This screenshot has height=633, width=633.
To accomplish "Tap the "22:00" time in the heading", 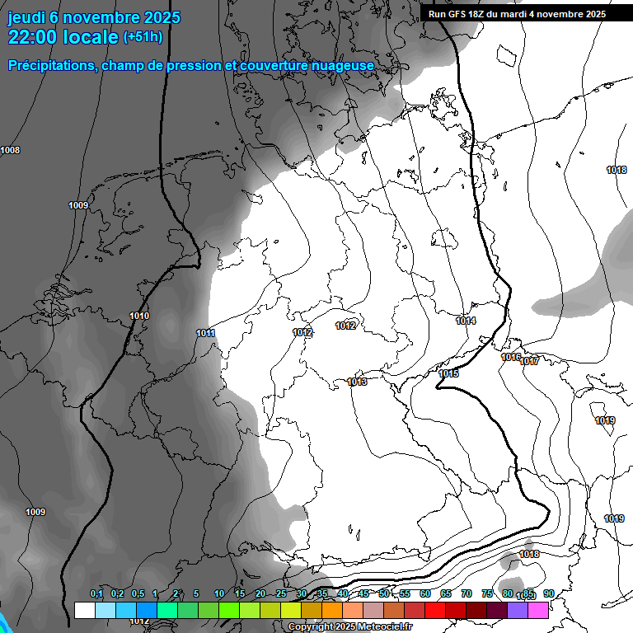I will (x=32, y=37).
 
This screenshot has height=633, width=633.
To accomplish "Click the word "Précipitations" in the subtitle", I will (x=51, y=65).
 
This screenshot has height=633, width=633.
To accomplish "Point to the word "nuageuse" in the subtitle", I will (x=343, y=65).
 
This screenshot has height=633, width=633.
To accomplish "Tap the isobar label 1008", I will (x=11, y=150).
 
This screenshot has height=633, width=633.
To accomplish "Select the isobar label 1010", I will (x=139, y=316).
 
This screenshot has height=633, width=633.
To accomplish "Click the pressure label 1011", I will (x=205, y=333).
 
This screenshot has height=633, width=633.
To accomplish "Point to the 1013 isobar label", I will (x=357, y=382).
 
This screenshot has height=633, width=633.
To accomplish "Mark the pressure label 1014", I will (x=466, y=321).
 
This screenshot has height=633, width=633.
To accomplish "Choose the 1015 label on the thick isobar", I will (x=448, y=373).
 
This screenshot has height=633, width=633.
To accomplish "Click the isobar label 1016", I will (x=510, y=357).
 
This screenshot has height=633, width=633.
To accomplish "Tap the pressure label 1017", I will (x=529, y=361).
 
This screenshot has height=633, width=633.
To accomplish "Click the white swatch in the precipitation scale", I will (x=84, y=611).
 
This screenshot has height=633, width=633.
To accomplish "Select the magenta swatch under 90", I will (x=538, y=611).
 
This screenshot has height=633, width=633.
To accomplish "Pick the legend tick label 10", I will (x=219, y=594).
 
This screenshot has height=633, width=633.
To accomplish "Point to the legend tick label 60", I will (x=425, y=594).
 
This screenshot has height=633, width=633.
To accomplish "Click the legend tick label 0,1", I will (x=96, y=594).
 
